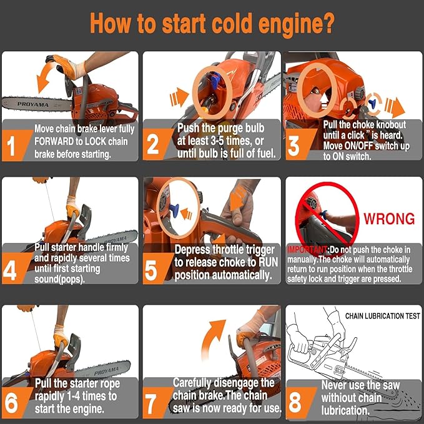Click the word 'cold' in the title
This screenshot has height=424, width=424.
232,24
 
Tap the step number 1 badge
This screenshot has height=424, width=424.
15,145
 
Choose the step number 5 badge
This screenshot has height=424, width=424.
155,269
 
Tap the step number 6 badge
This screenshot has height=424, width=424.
14,403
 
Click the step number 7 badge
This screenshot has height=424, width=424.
155,403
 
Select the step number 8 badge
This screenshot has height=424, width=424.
298,403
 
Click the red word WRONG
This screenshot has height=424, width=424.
389,219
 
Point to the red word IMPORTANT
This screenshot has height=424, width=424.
307,249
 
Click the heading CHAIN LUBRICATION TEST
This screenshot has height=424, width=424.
382,316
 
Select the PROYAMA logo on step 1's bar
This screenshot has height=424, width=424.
33,104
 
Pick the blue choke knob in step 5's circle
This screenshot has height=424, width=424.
174,210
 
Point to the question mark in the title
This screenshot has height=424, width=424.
327,24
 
